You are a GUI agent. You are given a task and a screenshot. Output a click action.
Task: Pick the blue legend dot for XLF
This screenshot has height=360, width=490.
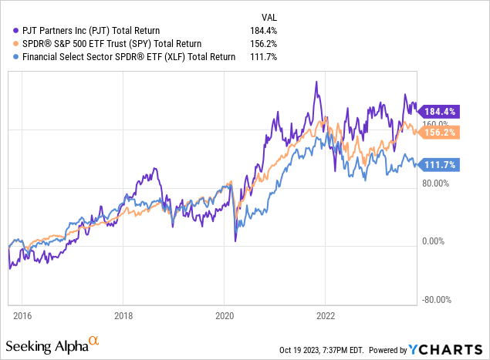(x=8, y=56)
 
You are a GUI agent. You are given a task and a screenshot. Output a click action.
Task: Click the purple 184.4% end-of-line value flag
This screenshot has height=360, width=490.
(x=442, y=110)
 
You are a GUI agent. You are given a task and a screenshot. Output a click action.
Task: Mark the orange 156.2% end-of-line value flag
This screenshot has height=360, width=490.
(x=442, y=132)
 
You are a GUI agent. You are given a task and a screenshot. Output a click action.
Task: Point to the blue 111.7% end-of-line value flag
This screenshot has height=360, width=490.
(x=442, y=164)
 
